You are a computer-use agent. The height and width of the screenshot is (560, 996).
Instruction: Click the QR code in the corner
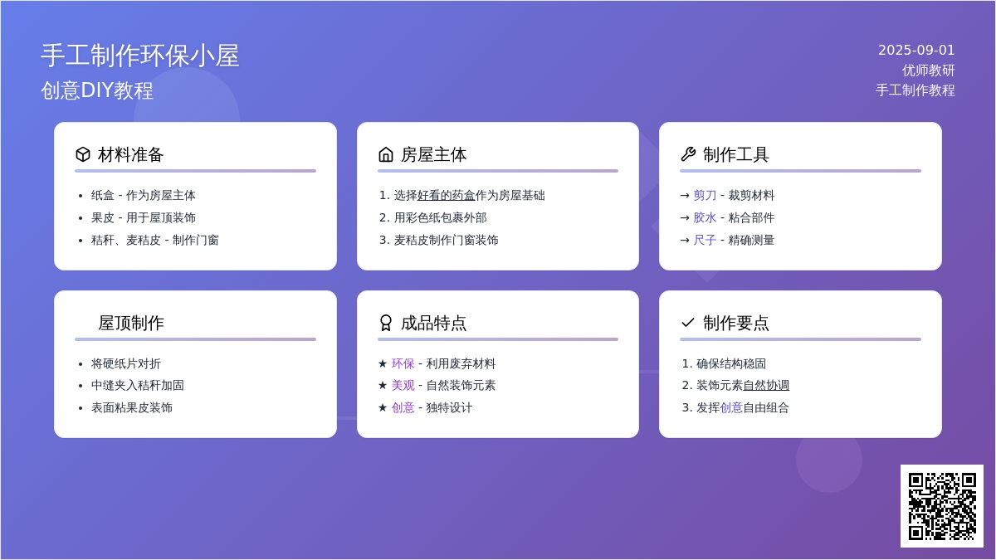click(x=942, y=506)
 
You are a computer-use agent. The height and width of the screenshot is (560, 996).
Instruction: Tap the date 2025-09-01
click(x=916, y=51)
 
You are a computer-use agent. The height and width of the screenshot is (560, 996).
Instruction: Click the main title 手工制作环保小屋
click(x=140, y=56)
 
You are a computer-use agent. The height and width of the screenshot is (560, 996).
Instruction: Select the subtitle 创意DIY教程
click(x=97, y=90)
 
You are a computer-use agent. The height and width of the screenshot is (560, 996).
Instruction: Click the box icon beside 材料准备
click(x=83, y=154)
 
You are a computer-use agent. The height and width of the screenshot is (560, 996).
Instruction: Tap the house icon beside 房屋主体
click(x=385, y=154)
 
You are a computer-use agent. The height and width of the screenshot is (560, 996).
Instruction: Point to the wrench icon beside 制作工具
click(x=688, y=154)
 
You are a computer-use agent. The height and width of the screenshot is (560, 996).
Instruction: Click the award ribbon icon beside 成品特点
click(x=385, y=323)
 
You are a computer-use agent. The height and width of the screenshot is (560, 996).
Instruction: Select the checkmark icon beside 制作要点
click(x=688, y=323)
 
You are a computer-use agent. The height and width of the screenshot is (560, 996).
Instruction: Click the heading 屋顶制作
click(x=131, y=323)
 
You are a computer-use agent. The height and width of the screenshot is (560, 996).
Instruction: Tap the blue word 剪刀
click(x=705, y=195)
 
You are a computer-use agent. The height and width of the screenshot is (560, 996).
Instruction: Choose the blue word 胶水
click(x=705, y=217)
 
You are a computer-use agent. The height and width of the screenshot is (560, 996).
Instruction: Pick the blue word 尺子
click(x=705, y=240)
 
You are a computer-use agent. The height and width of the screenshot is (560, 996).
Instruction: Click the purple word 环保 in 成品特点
click(x=403, y=363)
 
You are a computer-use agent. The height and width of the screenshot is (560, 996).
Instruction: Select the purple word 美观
click(x=403, y=385)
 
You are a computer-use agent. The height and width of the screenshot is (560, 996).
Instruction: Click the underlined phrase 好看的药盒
click(x=446, y=195)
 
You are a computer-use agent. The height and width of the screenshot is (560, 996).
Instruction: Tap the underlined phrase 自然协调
click(x=766, y=385)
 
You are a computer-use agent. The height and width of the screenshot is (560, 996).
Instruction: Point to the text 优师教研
click(x=929, y=71)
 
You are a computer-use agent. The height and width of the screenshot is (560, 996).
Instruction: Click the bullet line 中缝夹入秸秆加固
click(x=138, y=385)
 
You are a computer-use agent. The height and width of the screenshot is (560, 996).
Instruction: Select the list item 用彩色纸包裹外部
click(x=440, y=217)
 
